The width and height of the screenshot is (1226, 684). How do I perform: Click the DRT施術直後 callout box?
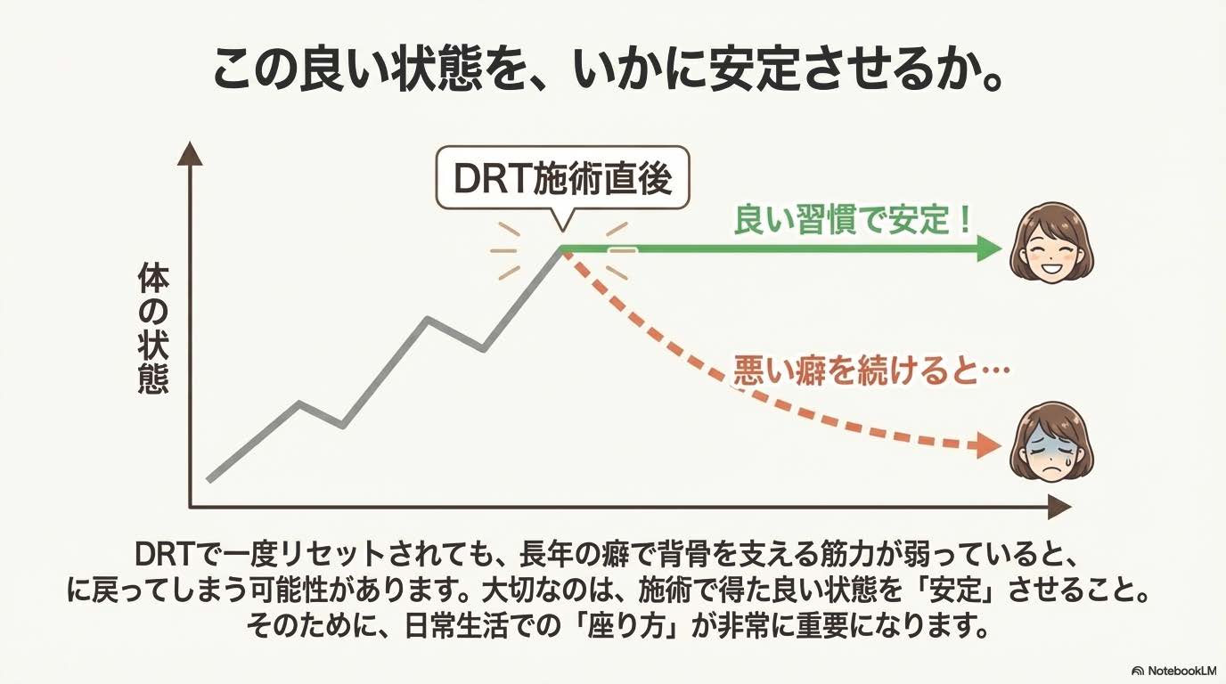tap(562, 177)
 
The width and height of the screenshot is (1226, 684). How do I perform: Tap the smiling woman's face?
tap(1051, 243)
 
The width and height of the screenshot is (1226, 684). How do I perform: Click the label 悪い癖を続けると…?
tap(871, 370)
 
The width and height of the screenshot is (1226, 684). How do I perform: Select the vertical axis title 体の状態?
tap(152, 330)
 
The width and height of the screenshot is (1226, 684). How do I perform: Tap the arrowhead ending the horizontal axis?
tap(1059, 508)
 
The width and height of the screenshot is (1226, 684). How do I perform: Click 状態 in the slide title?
tap(437, 69)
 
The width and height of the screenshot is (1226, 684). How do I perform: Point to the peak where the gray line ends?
tap(562, 250)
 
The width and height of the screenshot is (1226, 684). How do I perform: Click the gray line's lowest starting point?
tap(209, 480)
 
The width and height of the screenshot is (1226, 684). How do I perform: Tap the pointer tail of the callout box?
tap(562, 220)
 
